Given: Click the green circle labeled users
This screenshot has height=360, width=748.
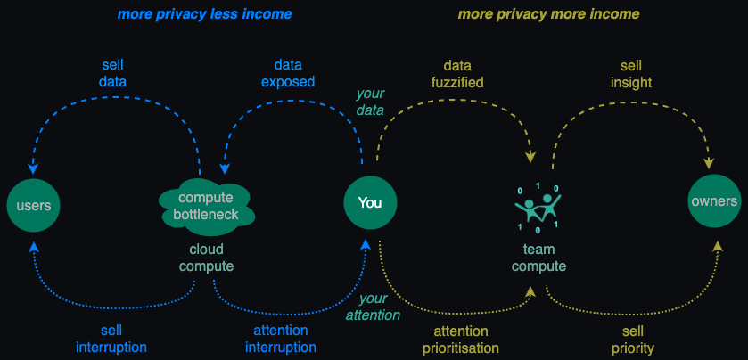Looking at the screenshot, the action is tap(33, 206).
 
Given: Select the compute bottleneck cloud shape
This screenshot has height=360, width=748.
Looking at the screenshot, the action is tap(206, 207).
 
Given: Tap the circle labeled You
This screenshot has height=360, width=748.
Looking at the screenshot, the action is tap(370, 202).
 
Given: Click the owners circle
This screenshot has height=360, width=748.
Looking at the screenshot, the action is tap(714, 200).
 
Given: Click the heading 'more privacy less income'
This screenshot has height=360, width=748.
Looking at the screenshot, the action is tap(204, 14).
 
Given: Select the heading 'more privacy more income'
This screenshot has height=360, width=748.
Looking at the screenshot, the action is tap(548, 14).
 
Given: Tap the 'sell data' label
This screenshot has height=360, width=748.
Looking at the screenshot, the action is tap(113, 73).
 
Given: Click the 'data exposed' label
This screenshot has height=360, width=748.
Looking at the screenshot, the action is tap(288, 73).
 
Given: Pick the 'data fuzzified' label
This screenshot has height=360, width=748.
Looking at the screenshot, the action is tap(457, 73).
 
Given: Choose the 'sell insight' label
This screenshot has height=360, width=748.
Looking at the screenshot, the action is tap(631, 73).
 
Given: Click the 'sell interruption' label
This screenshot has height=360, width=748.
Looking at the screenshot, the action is tap(111, 338).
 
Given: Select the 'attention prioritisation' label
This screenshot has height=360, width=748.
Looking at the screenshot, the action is tap(460, 339).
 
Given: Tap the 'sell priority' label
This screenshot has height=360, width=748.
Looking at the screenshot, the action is tap(633, 339).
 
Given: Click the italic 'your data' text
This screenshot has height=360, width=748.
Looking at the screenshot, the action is tap(370, 102).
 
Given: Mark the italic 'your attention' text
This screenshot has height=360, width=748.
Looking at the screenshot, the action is tap(373, 307).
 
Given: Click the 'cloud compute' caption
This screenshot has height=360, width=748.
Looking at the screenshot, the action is tap(207, 258).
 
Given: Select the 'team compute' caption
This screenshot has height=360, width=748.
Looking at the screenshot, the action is tap(539, 258).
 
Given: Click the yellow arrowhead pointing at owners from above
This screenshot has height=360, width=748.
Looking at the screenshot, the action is tap(709, 162).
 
